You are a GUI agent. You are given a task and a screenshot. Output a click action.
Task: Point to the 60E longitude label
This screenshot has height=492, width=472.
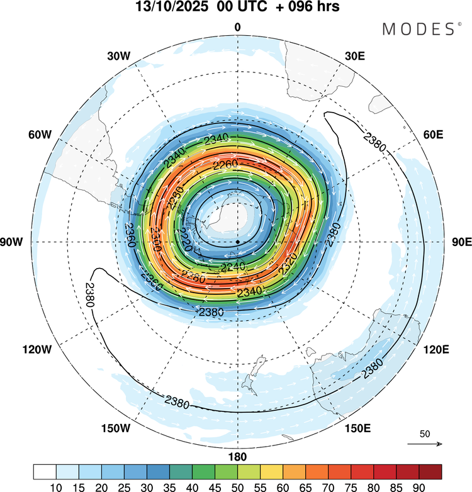click(432, 135)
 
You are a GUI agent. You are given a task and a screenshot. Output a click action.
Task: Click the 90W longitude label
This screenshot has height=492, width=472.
click(15, 242)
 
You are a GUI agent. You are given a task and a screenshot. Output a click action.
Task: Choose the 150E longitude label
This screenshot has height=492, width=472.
click(357, 428)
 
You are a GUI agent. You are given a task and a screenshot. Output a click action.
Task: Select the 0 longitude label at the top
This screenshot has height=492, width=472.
click(237, 27)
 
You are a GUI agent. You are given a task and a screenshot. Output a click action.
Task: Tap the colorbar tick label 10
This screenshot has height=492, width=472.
click(56, 486)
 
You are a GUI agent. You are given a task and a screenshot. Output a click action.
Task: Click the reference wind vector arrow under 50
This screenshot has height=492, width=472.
click(425, 444)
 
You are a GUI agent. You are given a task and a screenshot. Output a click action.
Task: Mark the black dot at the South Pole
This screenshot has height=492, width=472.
click(238, 242)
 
